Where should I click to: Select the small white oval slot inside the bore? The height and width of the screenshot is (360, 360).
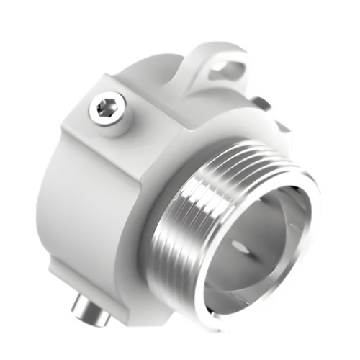coord(245,248)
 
